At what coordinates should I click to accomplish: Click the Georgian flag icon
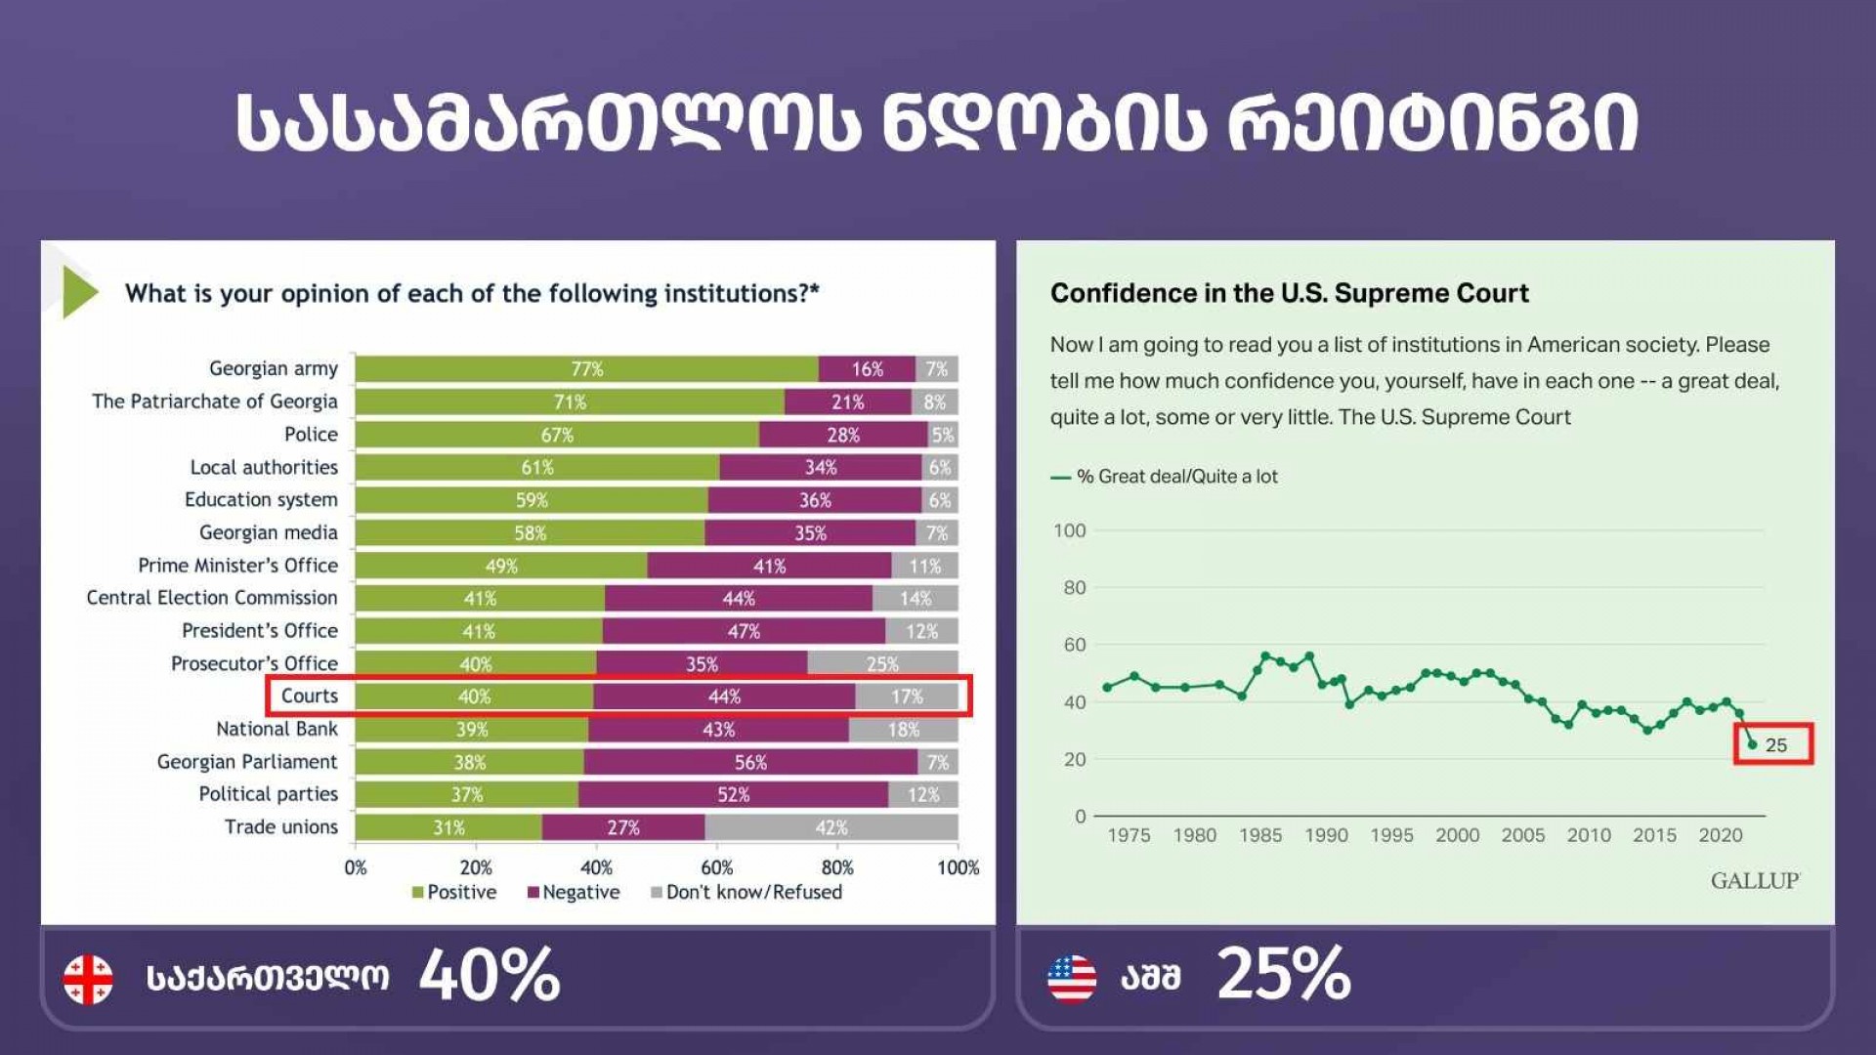coord(88,979)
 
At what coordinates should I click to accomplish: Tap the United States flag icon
coord(1071,979)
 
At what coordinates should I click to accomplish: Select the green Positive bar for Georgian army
coord(586,369)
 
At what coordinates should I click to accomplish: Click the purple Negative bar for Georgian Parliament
coord(750,762)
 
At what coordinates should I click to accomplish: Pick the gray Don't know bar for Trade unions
coord(831,827)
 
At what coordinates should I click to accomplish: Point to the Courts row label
coord(309,696)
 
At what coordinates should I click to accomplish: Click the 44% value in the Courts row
coord(724,696)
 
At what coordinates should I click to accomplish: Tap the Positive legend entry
coord(454,892)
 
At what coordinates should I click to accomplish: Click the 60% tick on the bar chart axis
coord(716,867)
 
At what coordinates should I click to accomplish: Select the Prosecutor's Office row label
coord(254,663)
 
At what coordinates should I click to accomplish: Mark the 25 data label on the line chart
coord(1776,745)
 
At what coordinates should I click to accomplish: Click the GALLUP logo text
coord(1755,881)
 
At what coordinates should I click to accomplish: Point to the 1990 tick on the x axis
coord(1326,835)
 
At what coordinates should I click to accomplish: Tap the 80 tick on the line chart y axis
coord(1074,588)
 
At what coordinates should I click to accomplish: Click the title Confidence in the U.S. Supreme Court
coord(1289,293)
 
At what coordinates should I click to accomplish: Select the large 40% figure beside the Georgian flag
coord(490,975)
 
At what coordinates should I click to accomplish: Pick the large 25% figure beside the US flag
coord(1284,975)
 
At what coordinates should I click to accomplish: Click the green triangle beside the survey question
coord(79,292)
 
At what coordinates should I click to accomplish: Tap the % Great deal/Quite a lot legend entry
coord(1166,477)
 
